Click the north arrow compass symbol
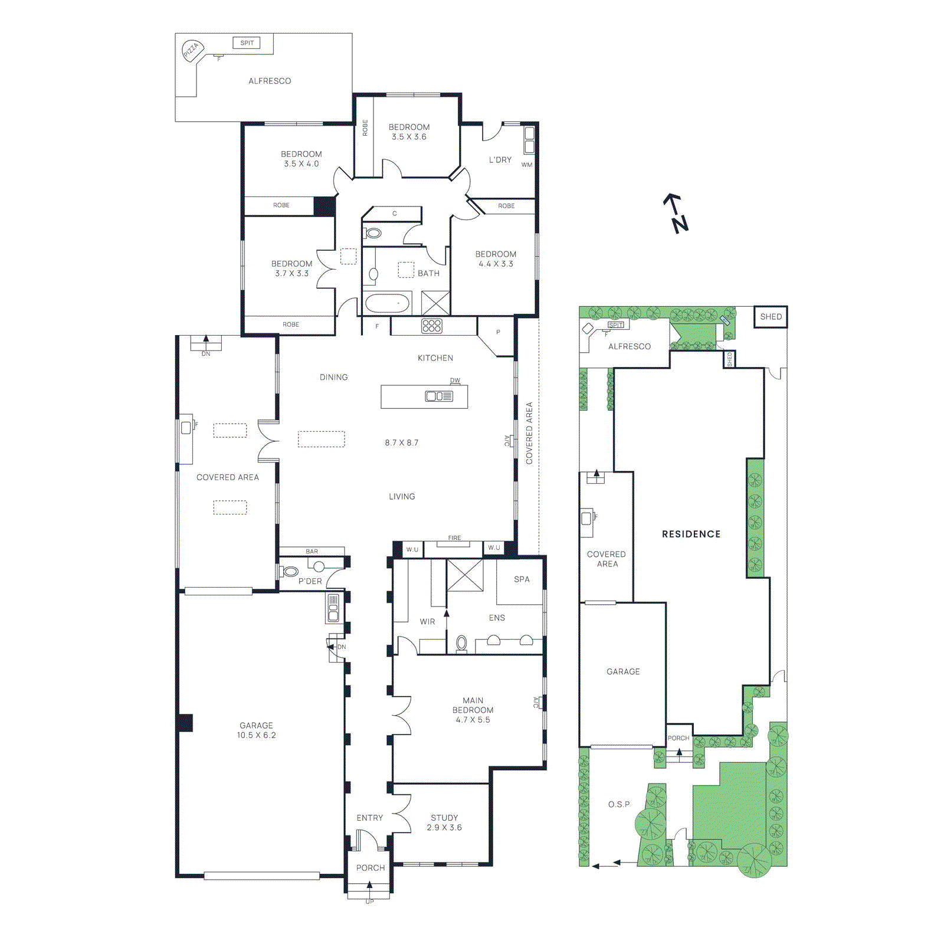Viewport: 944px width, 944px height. [x=676, y=214]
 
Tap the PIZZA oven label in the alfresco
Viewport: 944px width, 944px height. [x=191, y=50]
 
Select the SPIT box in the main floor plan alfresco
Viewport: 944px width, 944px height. [x=247, y=43]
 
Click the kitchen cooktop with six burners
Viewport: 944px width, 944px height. [x=431, y=326]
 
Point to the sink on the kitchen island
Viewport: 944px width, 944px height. [x=439, y=396]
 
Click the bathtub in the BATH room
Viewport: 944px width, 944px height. [x=387, y=303]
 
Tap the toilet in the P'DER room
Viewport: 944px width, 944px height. [x=290, y=571]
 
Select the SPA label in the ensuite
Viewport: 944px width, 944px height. [x=522, y=579]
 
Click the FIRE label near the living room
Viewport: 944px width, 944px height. [x=454, y=538]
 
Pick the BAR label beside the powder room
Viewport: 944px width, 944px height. [x=312, y=552]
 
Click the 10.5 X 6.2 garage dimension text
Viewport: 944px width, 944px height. [x=256, y=735]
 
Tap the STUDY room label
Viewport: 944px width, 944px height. [x=444, y=818]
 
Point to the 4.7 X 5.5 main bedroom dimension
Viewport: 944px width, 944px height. [x=473, y=720]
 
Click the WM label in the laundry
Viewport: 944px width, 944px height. [x=527, y=165]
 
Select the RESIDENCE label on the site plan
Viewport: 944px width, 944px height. [x=691, y=534]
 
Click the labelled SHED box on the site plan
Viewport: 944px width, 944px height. [x=771, y=317]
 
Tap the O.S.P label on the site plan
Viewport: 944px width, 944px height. [x=619, y=804]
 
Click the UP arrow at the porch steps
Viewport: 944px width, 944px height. [x=369, y=885]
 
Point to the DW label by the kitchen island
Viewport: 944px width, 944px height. [x=455, y=381]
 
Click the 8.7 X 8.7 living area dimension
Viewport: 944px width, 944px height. [x=401, y=442]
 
